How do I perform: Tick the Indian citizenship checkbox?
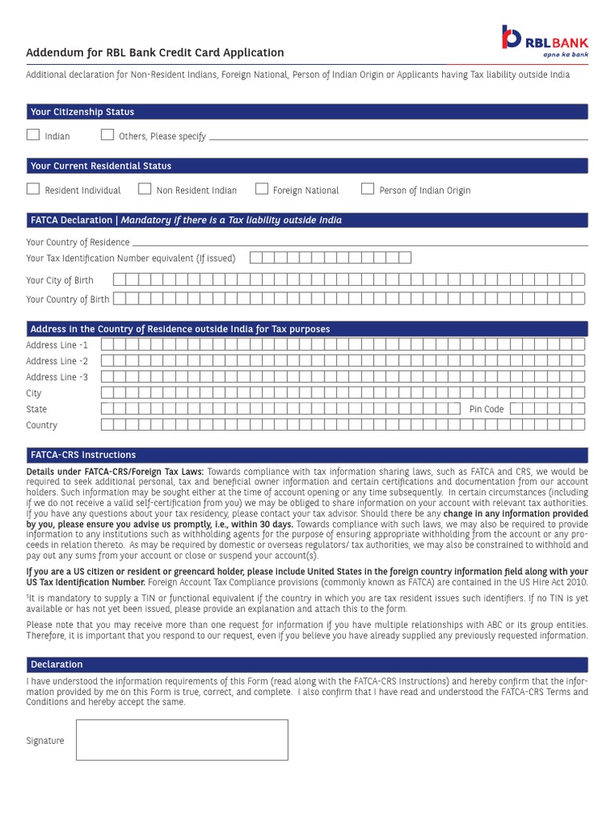tap(33, 135)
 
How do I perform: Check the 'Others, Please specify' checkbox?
tap(107, 135)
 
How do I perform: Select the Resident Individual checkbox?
tap(33, 190)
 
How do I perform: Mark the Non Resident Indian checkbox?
tap(144, 190)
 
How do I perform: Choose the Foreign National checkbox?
tap(261, 190)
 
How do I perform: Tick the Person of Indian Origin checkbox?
tap(368, 190)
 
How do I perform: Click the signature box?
tap(182, 739)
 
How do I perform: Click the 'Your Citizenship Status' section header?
tap(82, 112)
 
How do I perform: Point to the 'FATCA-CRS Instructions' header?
tap(83, 455)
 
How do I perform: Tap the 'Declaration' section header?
tap(57, 665)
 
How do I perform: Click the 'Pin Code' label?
tap(487, 409)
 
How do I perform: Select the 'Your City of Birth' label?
tap(60, 280)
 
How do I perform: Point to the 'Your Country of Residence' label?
tap(78, 243)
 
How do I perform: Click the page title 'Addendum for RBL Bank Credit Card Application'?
tap(155, 53)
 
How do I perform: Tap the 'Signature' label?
tap(45, 741)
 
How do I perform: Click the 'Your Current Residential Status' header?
tap(101, 166)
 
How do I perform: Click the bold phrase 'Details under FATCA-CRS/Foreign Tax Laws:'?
tap(115, 472)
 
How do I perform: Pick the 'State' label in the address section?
tap(37, 409)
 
